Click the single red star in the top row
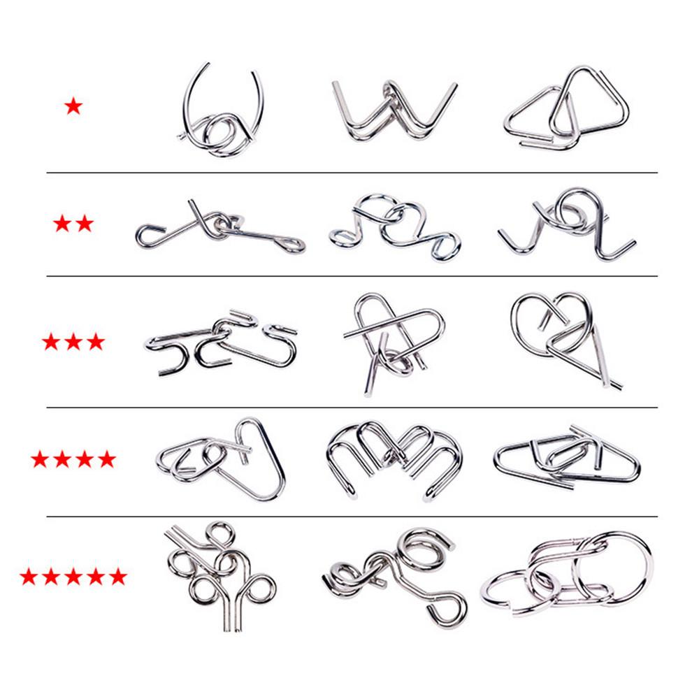pyautogui.click(x=73, y=107)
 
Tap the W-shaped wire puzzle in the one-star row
pyautogui.click(x=394, y=112)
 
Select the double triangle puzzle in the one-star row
pyautogui.click(x=565, y=108)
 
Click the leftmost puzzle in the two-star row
pyautogui.click(x=219, y=227)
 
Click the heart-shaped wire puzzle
pyautogui.click(x=563, y=336)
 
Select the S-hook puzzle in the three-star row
pyautogui.click(x=222, y=343)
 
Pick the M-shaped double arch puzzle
pyautogui.click(x=394, y=458)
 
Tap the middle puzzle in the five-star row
pyautogui.click(x=395, y=573)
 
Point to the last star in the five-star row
pyautogui.click(x=118, y=577)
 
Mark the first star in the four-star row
pyautogui.click(x=40, y=459)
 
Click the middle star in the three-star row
pyautogui.click(x=73, y=342)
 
